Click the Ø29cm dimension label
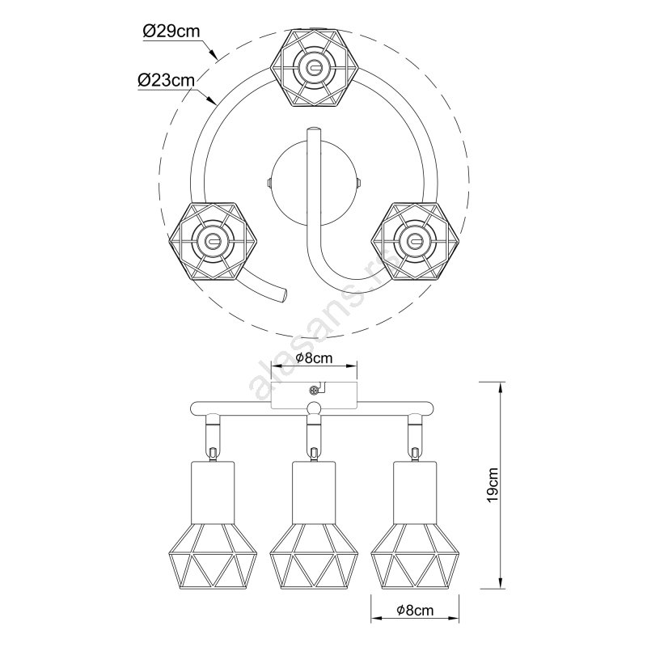[171, 32]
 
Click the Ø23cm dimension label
[167, 80]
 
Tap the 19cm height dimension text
[493, 484]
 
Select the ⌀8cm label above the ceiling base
[314, 357]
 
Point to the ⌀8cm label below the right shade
[415, 610]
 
